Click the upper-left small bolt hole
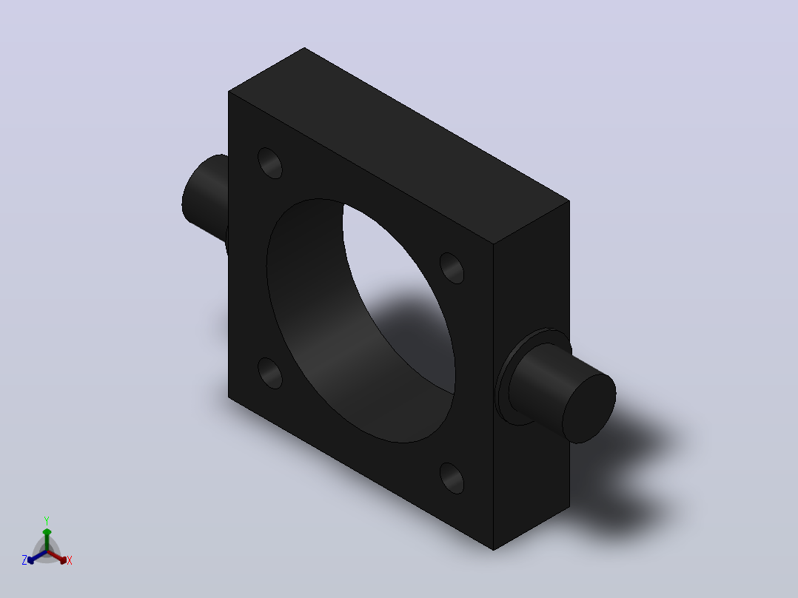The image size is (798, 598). tap(269, 163)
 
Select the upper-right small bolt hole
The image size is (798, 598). tap(452, 268)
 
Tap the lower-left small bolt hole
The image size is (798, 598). tap(269, 373)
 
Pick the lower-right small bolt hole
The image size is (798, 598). tap(452, 478)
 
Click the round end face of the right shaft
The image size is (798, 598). tap(589, 409)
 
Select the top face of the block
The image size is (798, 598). tap(399, 146)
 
